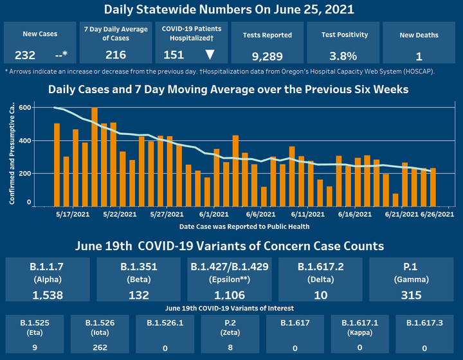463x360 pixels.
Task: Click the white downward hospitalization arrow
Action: click(209, 55)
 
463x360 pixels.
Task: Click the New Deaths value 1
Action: click(419, 55)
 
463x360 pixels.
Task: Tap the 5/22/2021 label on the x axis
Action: click(119, 213)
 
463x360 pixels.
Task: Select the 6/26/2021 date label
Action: click(437, 213)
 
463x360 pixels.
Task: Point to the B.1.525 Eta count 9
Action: click(35, 348)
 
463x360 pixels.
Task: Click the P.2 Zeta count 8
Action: click(230, 348)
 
